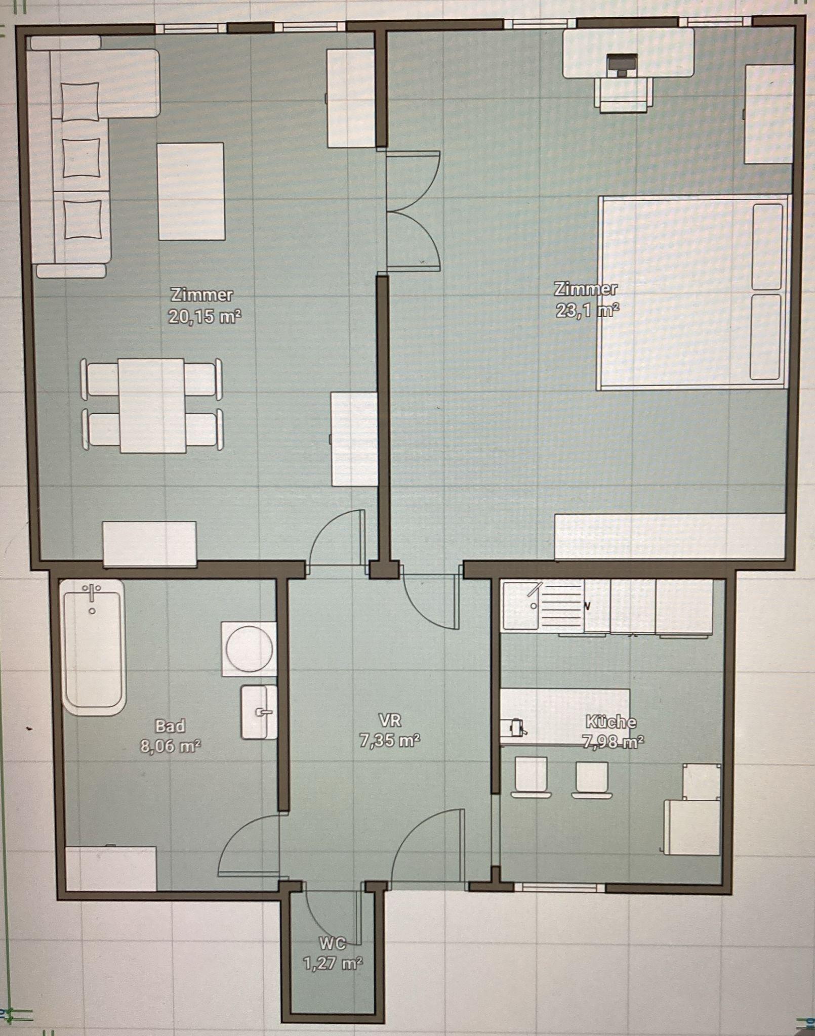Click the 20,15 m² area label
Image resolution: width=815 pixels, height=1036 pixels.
coord(205,317)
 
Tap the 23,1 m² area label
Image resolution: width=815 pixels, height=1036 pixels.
coord(587,310)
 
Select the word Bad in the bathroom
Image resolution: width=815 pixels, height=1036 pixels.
coord(170,726)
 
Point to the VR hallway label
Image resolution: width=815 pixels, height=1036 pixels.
coord(390,719)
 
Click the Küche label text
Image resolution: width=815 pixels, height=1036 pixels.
coord(611,721)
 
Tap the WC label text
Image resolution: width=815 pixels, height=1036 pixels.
coord(333,943)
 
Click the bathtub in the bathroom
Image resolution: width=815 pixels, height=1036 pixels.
coord(93,647)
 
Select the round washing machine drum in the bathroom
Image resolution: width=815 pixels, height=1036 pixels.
coord(249,649)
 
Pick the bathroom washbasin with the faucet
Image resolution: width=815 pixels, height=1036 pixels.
coord(259,712)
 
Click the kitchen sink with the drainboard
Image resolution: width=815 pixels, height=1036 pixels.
coord(543,606)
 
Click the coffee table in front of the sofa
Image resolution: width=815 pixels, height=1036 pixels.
coord(191,191)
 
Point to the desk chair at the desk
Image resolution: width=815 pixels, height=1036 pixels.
coord(623,95)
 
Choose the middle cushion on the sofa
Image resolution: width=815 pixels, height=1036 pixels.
coord(81,157)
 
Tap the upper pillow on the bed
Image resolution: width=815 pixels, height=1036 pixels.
coord(767,246)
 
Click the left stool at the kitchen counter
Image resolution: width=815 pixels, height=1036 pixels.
coord(531,776)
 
